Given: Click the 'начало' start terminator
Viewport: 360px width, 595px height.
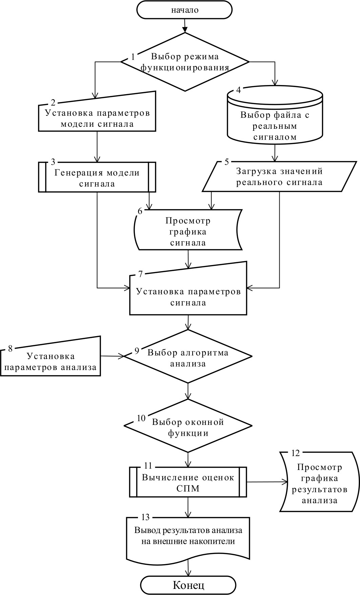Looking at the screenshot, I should pos(184,10).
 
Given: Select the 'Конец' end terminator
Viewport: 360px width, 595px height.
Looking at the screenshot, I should pos(188,585).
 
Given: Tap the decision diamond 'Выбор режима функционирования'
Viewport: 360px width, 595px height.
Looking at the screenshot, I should pos(185,62).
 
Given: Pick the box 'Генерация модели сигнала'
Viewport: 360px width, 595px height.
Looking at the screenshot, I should pos(97,177).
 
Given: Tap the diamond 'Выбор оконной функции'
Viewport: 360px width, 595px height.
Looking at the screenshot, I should pos(188,427).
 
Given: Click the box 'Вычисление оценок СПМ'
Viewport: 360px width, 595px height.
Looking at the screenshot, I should pos(188,482).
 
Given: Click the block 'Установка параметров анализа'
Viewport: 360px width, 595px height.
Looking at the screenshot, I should pos(51,361).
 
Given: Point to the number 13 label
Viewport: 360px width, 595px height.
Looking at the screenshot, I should pos(145,517).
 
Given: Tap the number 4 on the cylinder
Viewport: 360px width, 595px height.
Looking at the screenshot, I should pos(239,90).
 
